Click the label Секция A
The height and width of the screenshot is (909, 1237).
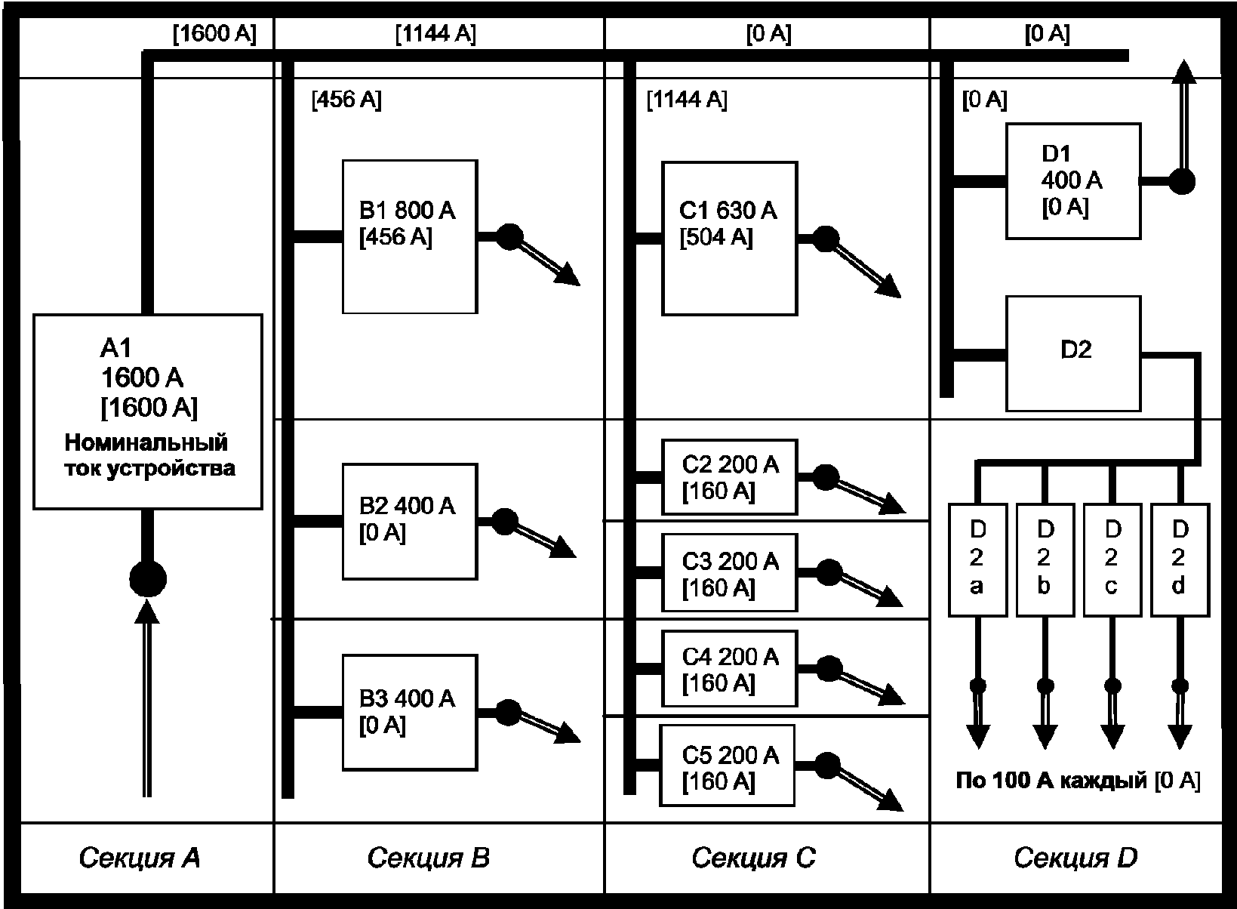139,858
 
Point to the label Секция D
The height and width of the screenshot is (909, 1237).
1075,858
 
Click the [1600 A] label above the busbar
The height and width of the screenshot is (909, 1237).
215,34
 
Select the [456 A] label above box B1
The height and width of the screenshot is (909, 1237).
347,100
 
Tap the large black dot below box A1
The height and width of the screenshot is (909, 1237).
148,579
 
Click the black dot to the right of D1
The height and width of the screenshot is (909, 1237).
1183,182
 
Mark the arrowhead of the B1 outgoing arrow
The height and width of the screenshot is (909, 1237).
567,274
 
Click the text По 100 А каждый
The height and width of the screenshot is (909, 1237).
1051,780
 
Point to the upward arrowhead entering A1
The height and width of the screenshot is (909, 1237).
147,612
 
